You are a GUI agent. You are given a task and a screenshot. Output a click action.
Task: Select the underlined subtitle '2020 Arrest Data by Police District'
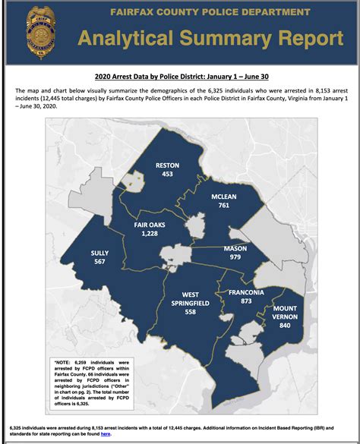click(x=179, y=77)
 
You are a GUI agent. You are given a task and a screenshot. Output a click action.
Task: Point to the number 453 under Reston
click(x=168, y=174)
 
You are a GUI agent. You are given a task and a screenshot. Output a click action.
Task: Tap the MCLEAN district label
click(x=224, y=197)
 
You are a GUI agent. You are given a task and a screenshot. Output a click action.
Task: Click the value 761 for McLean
click(x=224, y=206)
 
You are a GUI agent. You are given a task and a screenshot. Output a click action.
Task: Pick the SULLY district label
click(x=99, y=253)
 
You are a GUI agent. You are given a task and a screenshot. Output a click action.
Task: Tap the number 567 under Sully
click(x=99, y=263)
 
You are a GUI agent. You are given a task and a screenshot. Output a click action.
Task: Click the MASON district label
click(x=235, y=248)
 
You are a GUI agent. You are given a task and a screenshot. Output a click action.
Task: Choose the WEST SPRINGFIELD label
click(x=201, y=300)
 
